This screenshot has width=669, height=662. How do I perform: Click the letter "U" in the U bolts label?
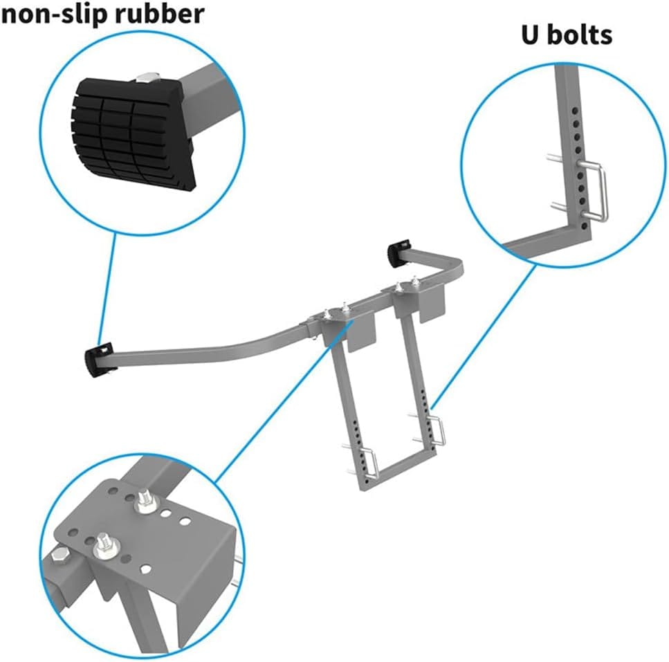point(531,35)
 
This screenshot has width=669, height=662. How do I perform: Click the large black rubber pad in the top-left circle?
point(132,131)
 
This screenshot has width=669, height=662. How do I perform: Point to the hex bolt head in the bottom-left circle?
point(59,557)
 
